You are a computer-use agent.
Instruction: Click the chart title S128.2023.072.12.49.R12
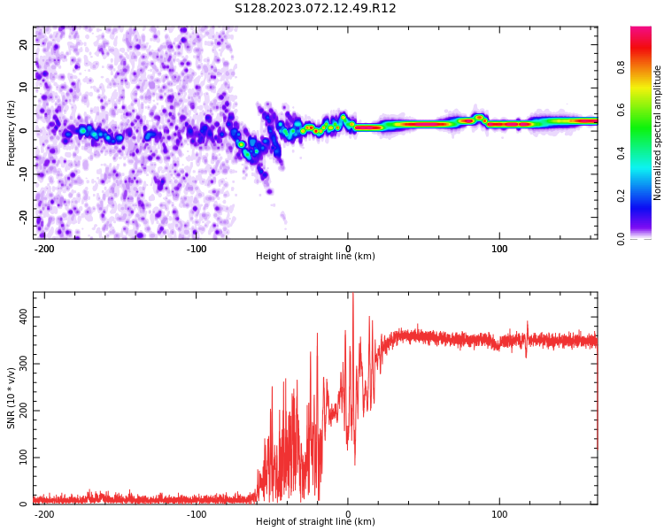point(315,9)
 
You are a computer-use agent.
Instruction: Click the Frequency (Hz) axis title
point(12,133)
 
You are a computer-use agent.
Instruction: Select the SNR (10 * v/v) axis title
point(12,398)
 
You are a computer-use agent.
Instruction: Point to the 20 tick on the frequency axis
point(24,43)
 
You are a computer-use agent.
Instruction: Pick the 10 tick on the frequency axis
point(24,87)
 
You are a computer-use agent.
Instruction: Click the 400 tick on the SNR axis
point(21,317)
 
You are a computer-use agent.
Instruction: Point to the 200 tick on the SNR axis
point(21,411)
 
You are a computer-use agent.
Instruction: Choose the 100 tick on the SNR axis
point(21,458)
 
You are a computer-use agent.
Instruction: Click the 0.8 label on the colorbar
point(645,66)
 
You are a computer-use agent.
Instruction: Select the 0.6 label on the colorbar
point(645,110)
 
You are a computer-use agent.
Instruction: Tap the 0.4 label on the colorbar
point(645,153)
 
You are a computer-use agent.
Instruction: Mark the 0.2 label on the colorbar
point(645,196)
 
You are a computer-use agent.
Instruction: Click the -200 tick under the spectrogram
point(44,249)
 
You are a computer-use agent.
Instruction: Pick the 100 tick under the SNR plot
point(499,514)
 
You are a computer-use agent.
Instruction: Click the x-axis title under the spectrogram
point(315,257)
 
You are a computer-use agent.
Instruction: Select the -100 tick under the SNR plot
point(197,514)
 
